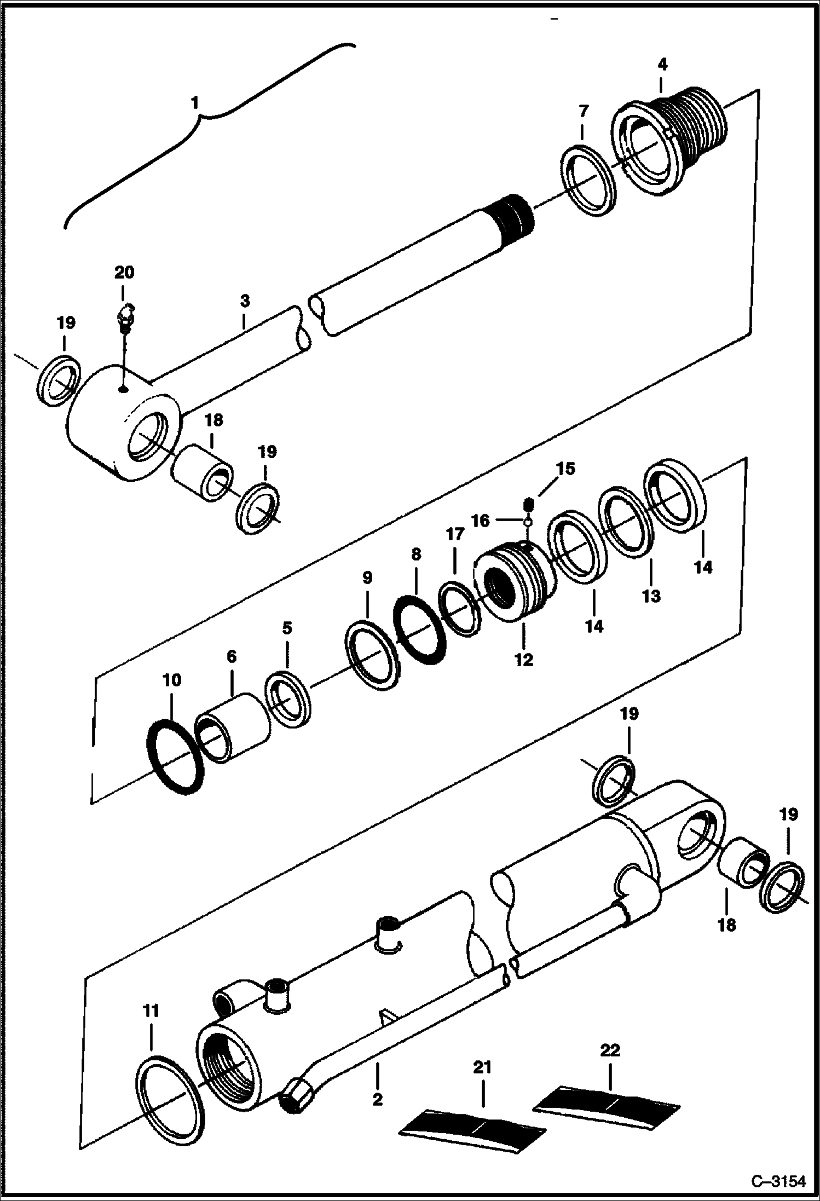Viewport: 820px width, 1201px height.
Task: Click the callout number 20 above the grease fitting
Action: [124, 272]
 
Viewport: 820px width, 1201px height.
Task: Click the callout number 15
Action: [566, 469]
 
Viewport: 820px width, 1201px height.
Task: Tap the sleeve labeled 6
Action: [233, 728]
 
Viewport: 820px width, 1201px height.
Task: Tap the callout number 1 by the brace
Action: [195, 102]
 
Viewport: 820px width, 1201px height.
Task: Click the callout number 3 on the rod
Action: [245, 301]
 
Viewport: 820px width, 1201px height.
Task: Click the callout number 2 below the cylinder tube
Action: [377, 1099]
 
